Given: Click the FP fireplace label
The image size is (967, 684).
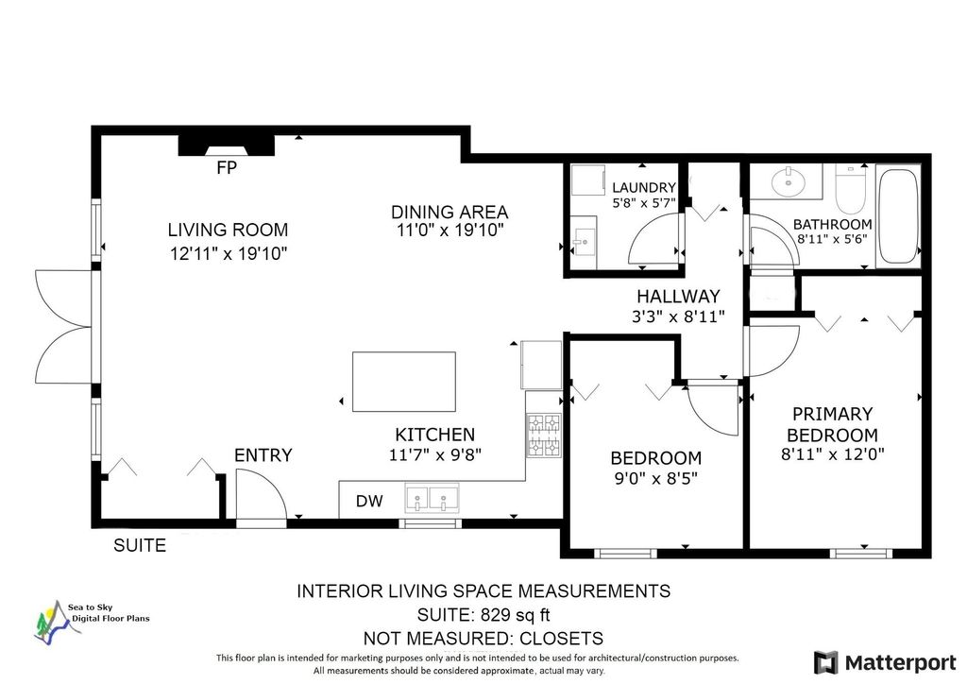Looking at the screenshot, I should coord(226,168).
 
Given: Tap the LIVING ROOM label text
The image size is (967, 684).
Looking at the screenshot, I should coord(228,230).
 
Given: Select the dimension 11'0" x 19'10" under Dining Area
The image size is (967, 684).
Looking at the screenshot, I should coord(450,230).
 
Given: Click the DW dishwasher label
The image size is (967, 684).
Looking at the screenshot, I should coord(369,501).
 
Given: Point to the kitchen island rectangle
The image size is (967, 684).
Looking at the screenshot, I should coord(404,382).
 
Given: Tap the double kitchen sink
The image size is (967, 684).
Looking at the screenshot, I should coord(432,497).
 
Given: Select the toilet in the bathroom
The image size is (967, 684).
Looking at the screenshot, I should coord(851,187).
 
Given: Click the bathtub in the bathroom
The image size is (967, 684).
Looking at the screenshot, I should coord(898,216).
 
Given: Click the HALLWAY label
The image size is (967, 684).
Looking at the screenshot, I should coord(678,297).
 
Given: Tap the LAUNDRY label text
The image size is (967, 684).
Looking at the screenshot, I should coord(643,188).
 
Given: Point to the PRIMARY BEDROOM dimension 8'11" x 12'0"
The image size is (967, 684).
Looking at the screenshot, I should coord(832,453).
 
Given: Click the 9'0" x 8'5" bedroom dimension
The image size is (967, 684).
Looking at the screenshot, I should coord(654,477).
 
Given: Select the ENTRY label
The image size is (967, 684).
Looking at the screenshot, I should coord(263,455).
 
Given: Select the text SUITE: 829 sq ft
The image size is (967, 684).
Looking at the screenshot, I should coord(483,615).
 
